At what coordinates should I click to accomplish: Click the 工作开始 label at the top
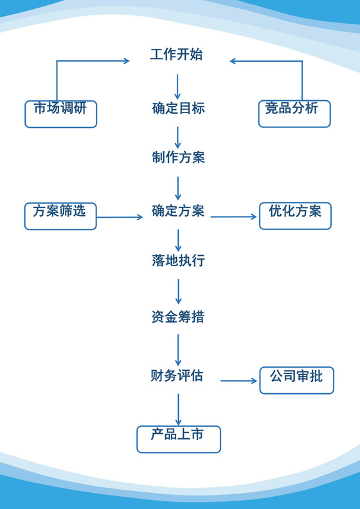pos(176,55)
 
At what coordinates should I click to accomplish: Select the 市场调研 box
pos(60,113)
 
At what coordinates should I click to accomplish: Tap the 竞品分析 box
pos(294,113)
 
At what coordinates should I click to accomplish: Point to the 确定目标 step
pos(178,109)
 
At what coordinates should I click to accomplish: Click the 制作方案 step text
pos(178,158)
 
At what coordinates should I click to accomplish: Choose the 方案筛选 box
pos(60,216)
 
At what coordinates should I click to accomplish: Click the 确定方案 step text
pos(178,211)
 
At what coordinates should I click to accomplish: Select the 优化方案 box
pos(295,216)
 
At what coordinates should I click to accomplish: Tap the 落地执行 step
pos(178,261)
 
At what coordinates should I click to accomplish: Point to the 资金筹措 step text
pos(178,317)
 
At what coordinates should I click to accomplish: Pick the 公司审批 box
pos(296,380)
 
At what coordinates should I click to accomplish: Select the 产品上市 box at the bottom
pos(178,439)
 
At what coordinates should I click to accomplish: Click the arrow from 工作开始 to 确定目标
pos(178,86)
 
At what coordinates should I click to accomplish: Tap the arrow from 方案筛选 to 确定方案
pos(120,217)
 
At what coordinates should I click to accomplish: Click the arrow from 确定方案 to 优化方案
pos(233,217)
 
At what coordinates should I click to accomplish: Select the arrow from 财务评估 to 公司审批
pos(239,381)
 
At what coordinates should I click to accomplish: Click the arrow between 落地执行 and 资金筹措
pos(178,291)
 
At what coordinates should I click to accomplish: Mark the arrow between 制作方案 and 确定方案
pos(178,188)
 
